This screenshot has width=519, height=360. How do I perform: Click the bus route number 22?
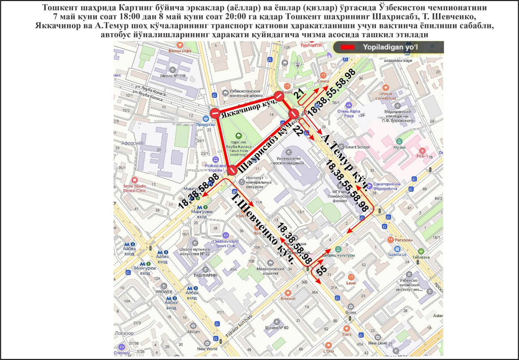[297, 131]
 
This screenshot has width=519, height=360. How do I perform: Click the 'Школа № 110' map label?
[173, 76]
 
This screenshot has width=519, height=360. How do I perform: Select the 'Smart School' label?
[357, 147]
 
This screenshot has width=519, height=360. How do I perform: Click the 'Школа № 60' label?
[276, 327]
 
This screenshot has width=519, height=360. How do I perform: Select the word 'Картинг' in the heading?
[131, 8]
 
